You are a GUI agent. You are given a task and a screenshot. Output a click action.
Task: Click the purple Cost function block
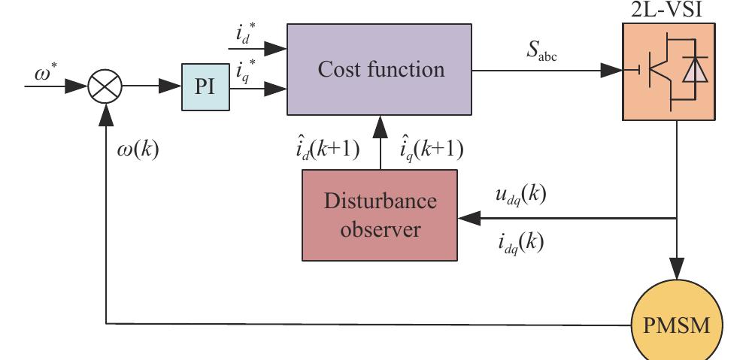pyautogui.click(x=380, y=70)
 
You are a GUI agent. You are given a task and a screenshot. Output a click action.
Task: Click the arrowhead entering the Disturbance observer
pyautogui.click(x=469, y=219)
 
